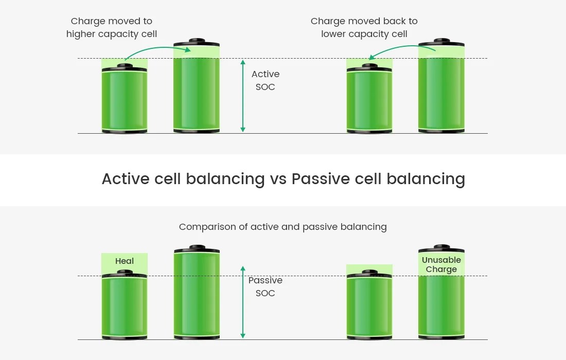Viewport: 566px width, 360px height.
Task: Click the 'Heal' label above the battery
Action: tap(125, 261)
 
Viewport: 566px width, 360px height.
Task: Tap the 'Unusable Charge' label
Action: tap(441, 264)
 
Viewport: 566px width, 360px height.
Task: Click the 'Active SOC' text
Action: tap(266, 80)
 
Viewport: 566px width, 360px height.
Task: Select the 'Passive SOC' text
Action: tap(266, 286)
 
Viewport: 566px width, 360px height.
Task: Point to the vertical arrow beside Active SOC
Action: tap(243, 96)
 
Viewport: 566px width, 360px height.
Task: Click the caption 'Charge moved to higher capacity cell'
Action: tap(112, 28)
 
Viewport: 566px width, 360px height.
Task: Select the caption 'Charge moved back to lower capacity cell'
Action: tap(364, 28)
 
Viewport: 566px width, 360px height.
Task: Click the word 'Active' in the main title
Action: tap(129, 178)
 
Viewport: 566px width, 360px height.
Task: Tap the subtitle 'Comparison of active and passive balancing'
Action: tap(282, 227)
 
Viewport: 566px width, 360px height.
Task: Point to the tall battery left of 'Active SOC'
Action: tap(197, 90)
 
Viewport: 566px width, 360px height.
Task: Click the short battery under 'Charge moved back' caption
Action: tap(369, 100)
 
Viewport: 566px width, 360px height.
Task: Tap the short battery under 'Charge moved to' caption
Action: tap(125, 100)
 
